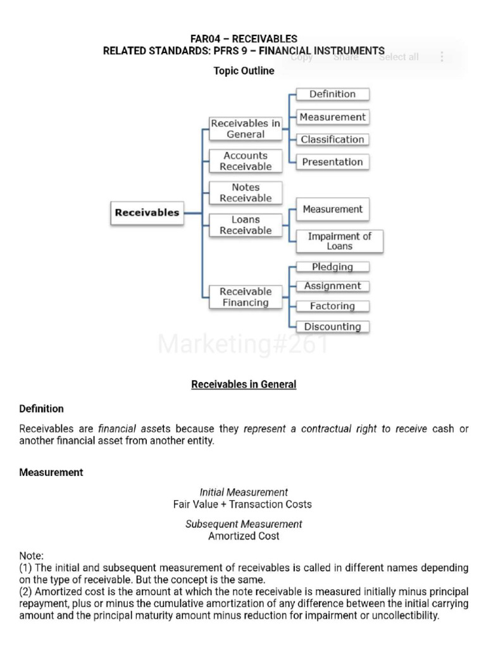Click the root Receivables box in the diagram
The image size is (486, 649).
[x=147, y=213]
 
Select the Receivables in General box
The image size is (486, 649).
[x=246, y=129]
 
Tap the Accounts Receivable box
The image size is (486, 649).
[x=246, y=161]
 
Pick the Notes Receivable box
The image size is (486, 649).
[x=246, y=193]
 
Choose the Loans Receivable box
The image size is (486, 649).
[x=246, y=225]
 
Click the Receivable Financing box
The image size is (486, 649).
[x=246, y=297]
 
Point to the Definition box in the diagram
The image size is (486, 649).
[x=332, y=94]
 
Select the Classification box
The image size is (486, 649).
[x=332, y=139]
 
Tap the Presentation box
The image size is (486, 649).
[x=332, y=162]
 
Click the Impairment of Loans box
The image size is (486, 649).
[x=339, y=241]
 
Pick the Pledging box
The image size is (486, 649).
[x=332, y=267]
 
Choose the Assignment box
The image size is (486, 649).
[x=332, y=286]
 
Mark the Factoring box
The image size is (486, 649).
[x=332, y=306]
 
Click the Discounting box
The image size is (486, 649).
[x=332, y=327]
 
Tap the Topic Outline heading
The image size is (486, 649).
[x=244, y=71]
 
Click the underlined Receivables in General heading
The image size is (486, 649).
[x=244, y=384]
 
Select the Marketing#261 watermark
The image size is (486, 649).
[x=244, y=345]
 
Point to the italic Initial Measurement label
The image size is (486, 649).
[x=244, y=492]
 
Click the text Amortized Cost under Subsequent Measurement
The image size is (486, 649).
[x=244, y=536]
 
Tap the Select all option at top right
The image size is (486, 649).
[x=399, y=57]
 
